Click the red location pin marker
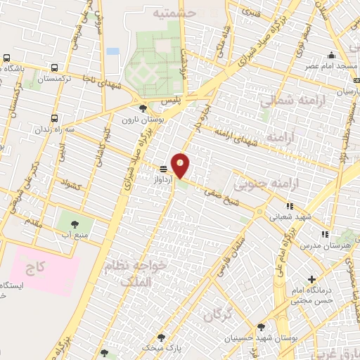181,166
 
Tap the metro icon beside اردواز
164,169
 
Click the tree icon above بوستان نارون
143,108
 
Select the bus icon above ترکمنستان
55,68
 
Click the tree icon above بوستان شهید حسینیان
261,327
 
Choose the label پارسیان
345,91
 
